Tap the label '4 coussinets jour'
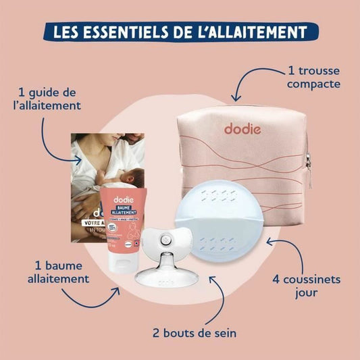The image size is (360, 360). pos(317,285)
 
